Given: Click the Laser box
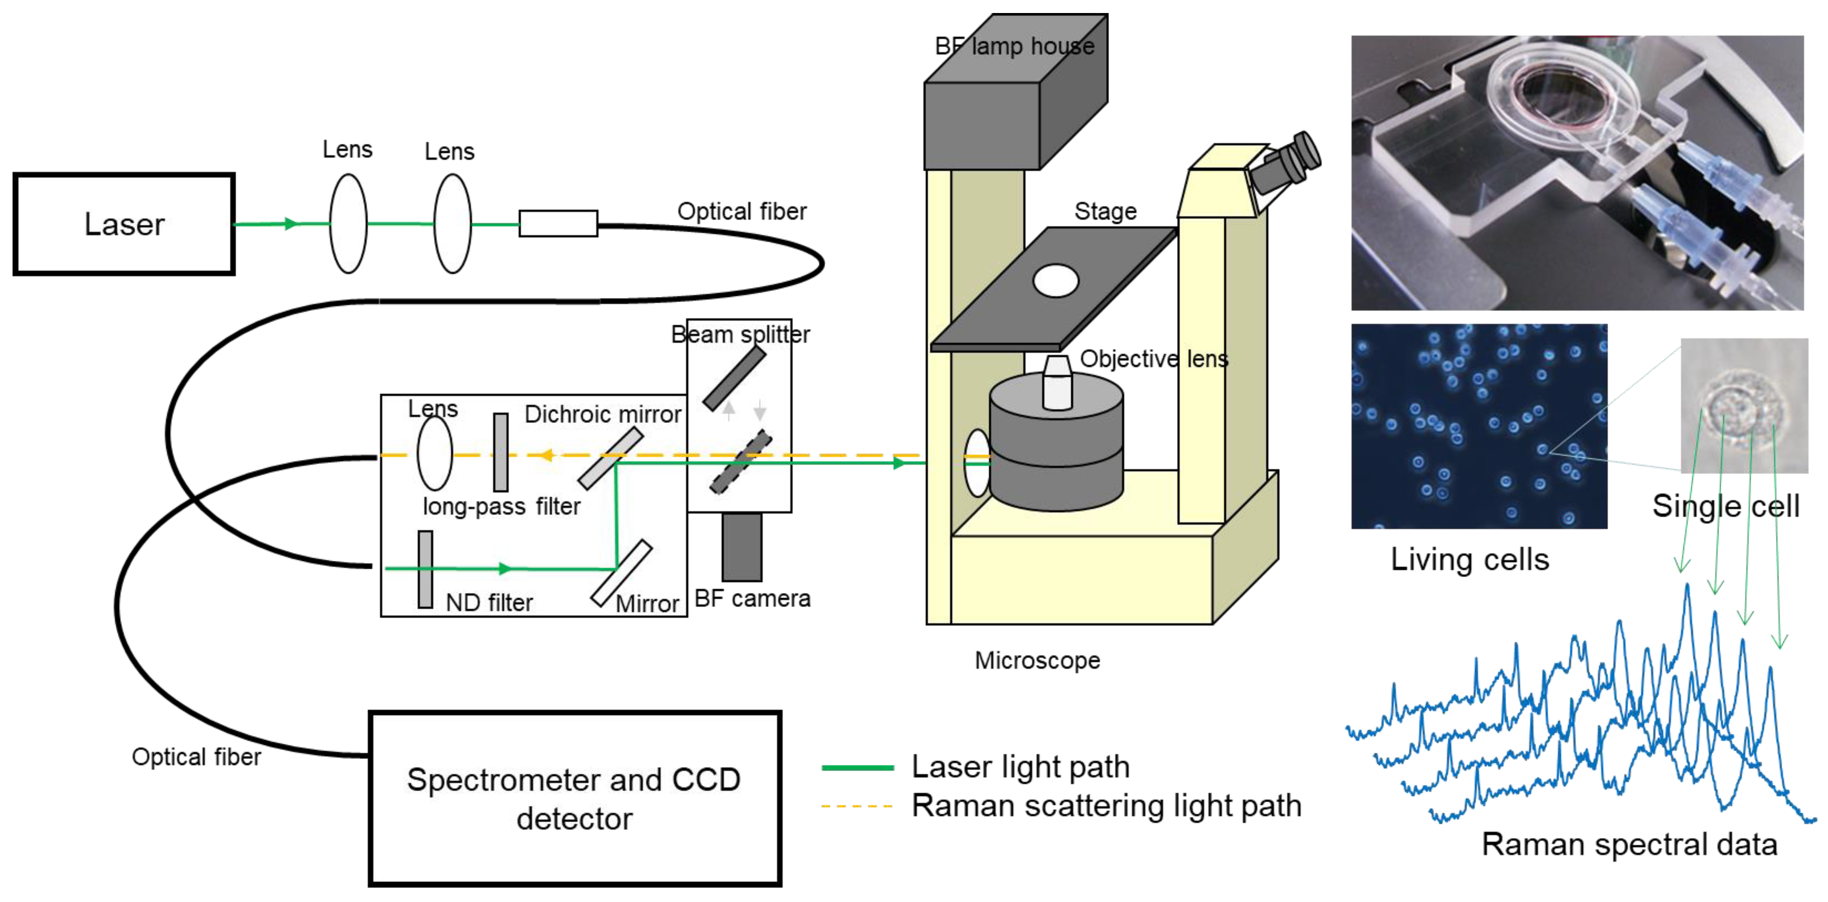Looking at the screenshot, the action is point(124,224).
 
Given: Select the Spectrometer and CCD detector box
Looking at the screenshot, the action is point(575,798).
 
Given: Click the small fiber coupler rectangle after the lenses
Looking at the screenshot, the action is point(559,224).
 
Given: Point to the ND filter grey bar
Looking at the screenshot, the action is point(425,569).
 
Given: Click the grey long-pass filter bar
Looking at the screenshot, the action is point(501,453).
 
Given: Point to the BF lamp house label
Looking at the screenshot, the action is point(1015,46).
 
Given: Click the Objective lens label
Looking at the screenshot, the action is point(1154,359).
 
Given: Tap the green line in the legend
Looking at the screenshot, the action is point(857,767).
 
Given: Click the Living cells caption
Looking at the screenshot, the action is point(1470,559).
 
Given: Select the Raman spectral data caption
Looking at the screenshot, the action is point(1630,844).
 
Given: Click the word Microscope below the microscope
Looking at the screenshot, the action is point(1037,661).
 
